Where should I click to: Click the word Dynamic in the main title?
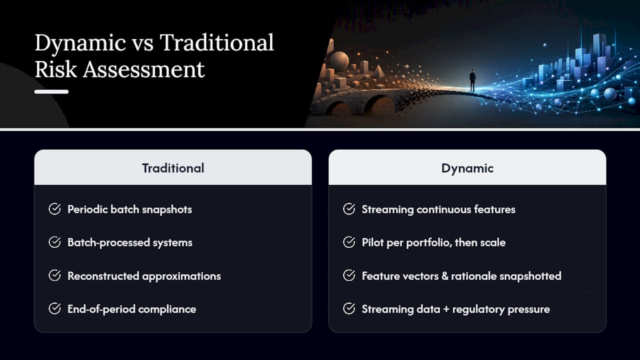pos(80,43)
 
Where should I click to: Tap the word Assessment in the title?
pos(144,69)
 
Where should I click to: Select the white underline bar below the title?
pos(51,91)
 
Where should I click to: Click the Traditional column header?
pos(173,168)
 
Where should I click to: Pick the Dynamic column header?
pos(467,168)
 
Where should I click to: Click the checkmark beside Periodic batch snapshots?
pos(54,209)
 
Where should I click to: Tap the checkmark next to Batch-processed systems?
pos(54,242)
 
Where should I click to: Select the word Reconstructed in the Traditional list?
pos(103,276)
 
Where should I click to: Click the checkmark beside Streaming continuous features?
pos(349,209)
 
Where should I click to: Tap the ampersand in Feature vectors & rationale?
pos(445,276)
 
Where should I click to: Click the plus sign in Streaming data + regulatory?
pos(446,309)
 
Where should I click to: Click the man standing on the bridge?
pos(472,80)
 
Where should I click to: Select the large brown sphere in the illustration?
pos(339,61)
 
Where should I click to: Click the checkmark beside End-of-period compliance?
pos(54,308)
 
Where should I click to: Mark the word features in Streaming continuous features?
pos(494,209)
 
